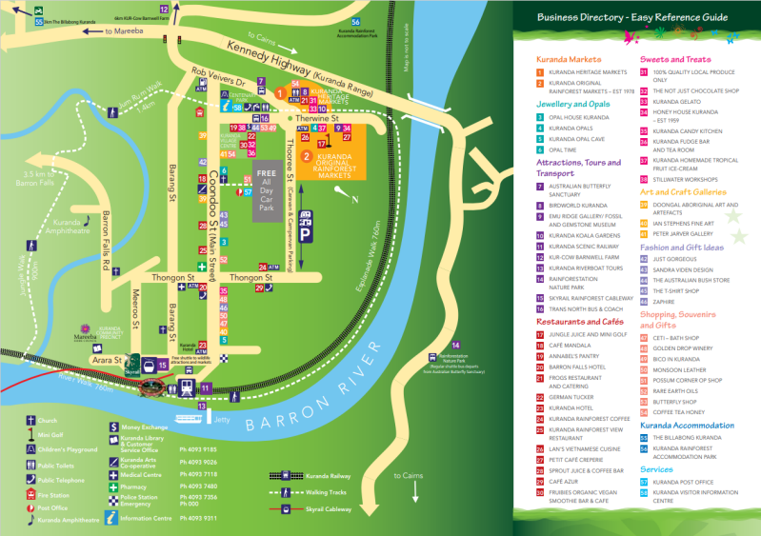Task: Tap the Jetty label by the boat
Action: click(222, 417)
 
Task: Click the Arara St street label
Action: click(106, 361)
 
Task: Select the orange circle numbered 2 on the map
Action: click(306, 155)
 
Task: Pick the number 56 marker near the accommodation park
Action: click(355, 22)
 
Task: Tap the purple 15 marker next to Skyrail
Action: click(163, 364)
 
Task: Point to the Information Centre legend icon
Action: click(111, 518)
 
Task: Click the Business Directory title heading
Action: click(631, 17)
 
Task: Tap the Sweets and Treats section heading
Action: click(675, 59)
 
